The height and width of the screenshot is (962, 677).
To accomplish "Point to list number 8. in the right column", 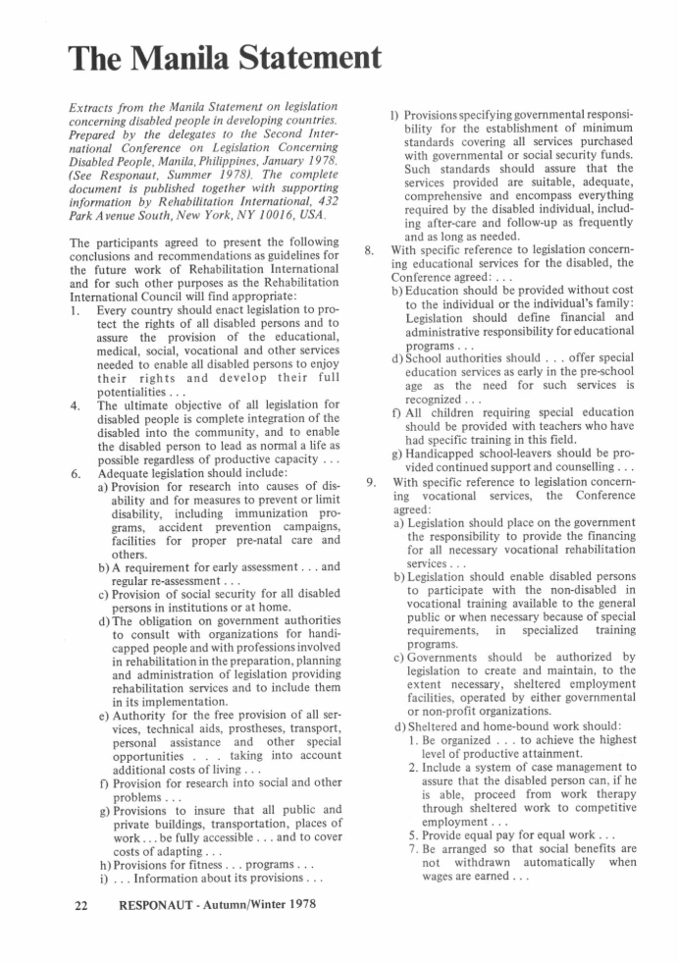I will point(369,249).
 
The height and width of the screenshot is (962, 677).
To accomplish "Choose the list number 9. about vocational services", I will point(369,482).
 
